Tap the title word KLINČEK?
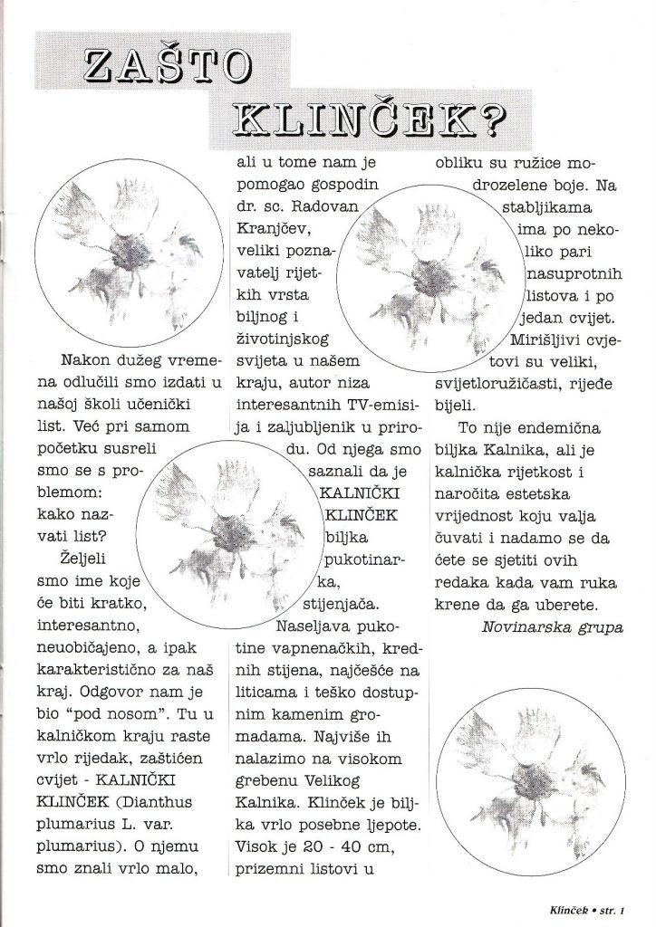tap(367, 122)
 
